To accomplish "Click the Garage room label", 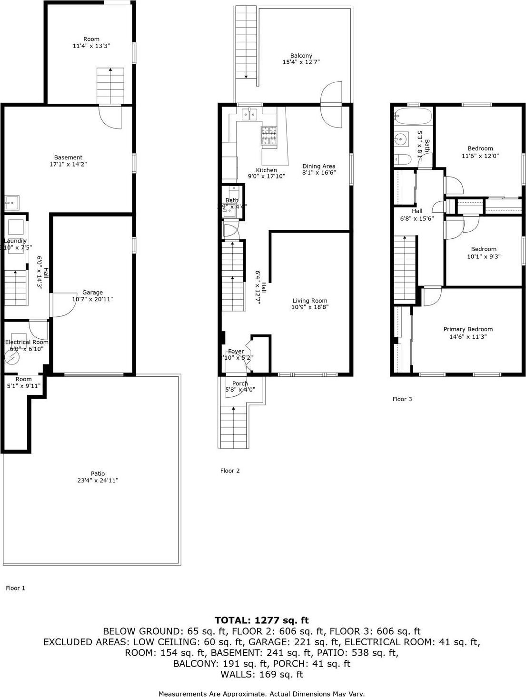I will (92, 293).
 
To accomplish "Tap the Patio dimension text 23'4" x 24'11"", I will (98, 481).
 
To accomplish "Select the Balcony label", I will (301, 56).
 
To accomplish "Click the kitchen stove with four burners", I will (268, 135).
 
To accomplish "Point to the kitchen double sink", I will (249, 114).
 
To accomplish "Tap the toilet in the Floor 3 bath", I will (402, 159).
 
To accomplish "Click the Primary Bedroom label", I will (468, 329).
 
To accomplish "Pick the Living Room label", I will (310, 301).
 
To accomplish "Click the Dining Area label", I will (319, 166).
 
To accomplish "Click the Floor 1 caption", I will (15, 588).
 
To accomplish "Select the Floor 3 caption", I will (402, 399).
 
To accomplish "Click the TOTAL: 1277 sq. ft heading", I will (262, 620).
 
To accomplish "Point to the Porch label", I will (240, 383).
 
